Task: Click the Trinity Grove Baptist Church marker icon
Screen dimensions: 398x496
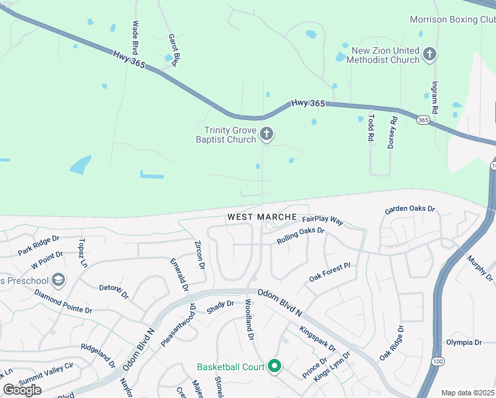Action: [267, 135]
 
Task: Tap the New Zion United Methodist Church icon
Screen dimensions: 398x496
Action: [430, 54]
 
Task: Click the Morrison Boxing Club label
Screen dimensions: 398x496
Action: [452, 19]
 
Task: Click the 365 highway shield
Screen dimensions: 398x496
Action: [423, 120]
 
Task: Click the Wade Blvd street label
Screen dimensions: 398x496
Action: [136, 37]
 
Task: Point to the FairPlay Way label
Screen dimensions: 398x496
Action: [322, 220]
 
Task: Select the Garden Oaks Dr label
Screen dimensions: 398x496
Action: [409, 210]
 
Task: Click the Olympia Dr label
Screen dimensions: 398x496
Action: [464, 342]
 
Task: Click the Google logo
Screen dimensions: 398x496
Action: [22, 389]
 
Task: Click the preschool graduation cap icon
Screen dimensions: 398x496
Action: [58, 281]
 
